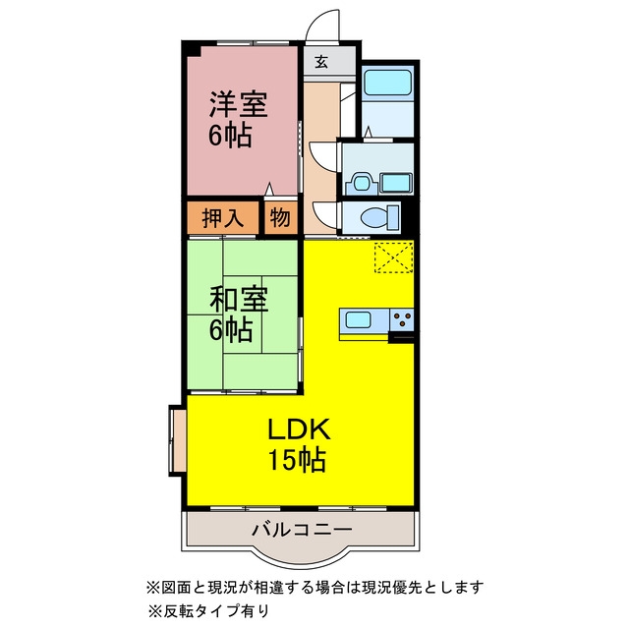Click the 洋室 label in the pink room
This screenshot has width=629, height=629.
point(238,105)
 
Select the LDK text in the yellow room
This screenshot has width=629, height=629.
point(299,429)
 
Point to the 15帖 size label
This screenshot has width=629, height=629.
point(297,459)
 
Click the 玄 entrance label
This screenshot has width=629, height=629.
point(321,62)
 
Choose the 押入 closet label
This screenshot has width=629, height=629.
point(223,218)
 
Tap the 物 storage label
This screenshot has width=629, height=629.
point(279,218)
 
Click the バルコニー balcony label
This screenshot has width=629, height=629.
point(302,530)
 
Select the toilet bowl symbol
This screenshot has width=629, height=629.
point(379,217)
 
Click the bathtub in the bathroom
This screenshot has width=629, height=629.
point(387,83)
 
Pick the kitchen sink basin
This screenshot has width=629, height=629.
point(358,319)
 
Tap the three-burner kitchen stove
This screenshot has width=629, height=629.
point(402,319)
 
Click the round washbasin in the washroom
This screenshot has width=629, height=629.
point(362,184)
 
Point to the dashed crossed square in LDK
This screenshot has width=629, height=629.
point(393,257)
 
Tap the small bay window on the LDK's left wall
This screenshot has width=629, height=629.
point(178,440)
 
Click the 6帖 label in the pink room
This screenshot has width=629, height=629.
point(230,136)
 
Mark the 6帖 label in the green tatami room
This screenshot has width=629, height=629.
point(231,330)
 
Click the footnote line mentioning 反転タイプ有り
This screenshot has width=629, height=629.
point(208,611)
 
